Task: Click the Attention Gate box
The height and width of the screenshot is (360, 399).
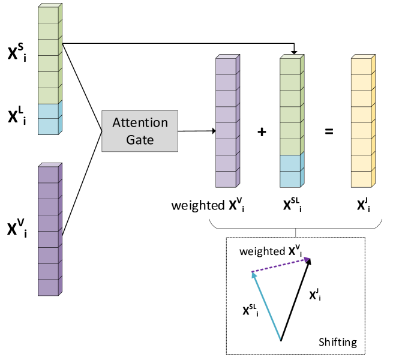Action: [x=140, y=131]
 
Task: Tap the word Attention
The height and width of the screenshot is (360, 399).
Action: [x=140, y=123]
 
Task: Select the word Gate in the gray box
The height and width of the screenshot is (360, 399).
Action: [x=140, y=140]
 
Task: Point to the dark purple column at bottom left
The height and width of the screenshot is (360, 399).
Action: [x=49, y=230]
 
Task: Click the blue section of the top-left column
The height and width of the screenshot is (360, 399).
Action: [x=49, y=118]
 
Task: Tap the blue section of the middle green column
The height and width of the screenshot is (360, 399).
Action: [x=291, y=170]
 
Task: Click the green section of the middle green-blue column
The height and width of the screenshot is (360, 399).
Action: [x=291, y=106]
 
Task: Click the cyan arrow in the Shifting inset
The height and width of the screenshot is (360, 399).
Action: [x=266, y=306]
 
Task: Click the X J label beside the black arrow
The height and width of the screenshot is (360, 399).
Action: [x=314, y=295]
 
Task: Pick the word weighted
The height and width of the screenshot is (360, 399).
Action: [x=261, y=251]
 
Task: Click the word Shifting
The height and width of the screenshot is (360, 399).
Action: [x=337, y=343]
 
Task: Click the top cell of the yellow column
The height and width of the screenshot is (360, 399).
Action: [x=362, y=66]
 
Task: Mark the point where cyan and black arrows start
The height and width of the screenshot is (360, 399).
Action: [x=281, y=340]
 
